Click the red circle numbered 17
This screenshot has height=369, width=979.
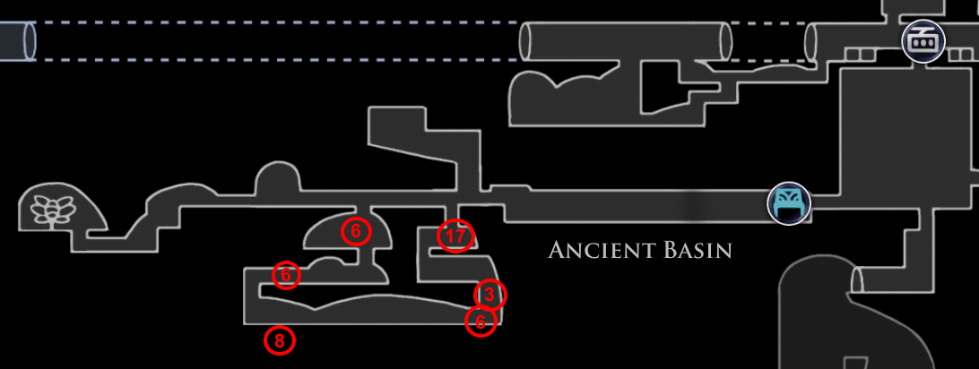pyautogui.click(x=455, y=236)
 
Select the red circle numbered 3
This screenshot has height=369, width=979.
pyautogui.click(x=489, y=294)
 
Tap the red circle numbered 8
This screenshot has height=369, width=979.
pyautogui.click(x=280, y=340)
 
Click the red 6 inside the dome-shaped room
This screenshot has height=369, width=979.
pyautogui.click(x=356, y=231)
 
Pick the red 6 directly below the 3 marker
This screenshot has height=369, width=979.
pyautogui.click(x=481, y=321)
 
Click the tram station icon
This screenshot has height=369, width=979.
pyautogui.click(x=923, y=40)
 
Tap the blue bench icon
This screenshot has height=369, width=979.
pyautogui.click(x=789, y=202)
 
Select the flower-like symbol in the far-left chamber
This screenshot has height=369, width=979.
pyautogui.click(x=51, y=210)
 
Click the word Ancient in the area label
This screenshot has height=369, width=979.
pyautogui.click(x=599, y=250)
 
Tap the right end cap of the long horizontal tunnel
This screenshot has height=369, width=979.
pyautogui.click(x=724, y=41)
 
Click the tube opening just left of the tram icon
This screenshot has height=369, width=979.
pyautogui.click(x=812, y=41)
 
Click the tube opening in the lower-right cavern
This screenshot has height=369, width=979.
pyautogui.click(x=855, y=279)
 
